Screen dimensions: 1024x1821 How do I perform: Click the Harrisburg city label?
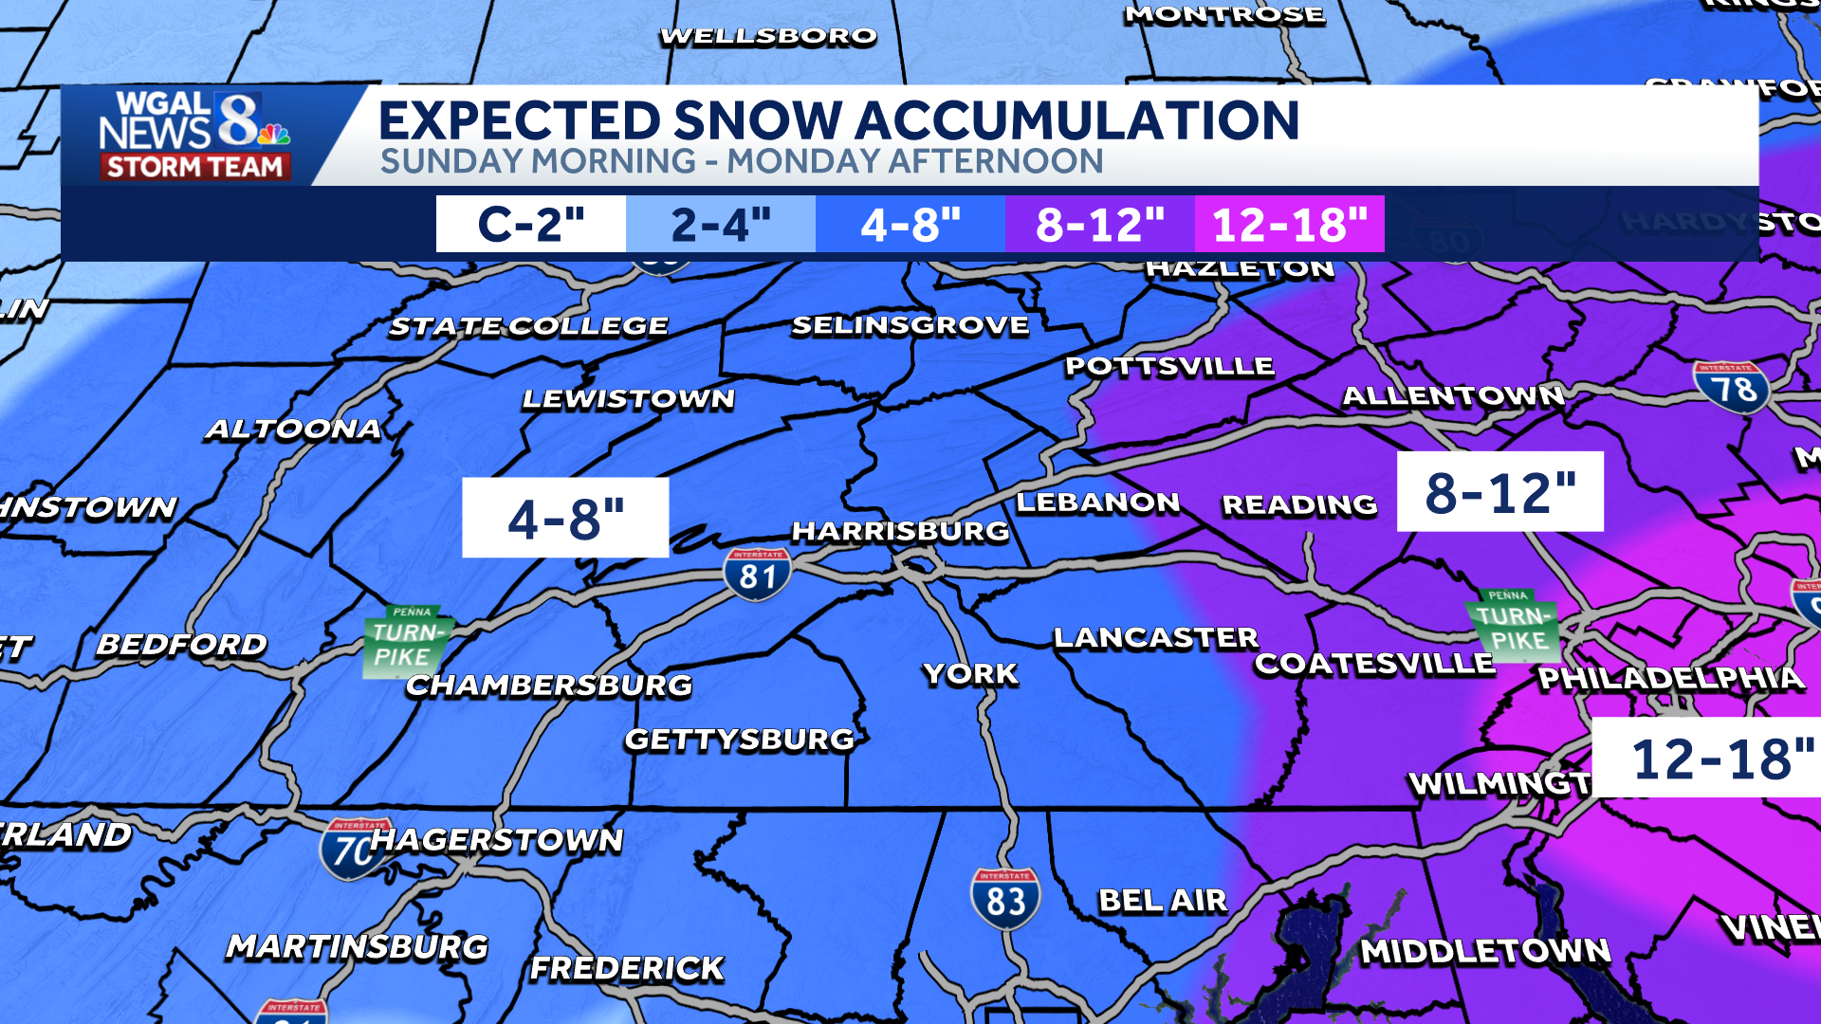[x=900, y=531]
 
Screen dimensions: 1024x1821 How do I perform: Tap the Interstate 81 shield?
[x=757, y=574]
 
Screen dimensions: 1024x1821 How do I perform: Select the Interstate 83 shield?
[x=1005, y=898]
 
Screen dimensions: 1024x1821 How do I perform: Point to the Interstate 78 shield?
[x=1731, y=388]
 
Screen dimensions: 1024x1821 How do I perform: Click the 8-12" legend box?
[x=1099, y=225]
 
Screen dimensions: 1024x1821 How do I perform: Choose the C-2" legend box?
[x=531, y=225]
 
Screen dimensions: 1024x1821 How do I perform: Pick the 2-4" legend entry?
[x=721, y=225]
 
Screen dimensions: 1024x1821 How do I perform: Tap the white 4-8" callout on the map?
[x=565, y=518]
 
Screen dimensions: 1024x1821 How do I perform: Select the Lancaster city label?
[x=1155, y=638]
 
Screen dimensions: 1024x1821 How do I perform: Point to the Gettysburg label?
[x=740, y=740]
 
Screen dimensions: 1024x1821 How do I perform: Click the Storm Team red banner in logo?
[x=194, y=167]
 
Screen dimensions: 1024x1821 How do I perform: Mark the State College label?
[x=528, y=327]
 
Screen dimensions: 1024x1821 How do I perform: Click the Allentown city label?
[x=1453, y=396]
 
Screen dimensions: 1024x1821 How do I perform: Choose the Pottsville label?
[x=1168, y=367]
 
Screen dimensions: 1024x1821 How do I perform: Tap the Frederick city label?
[x=627, y=968]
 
